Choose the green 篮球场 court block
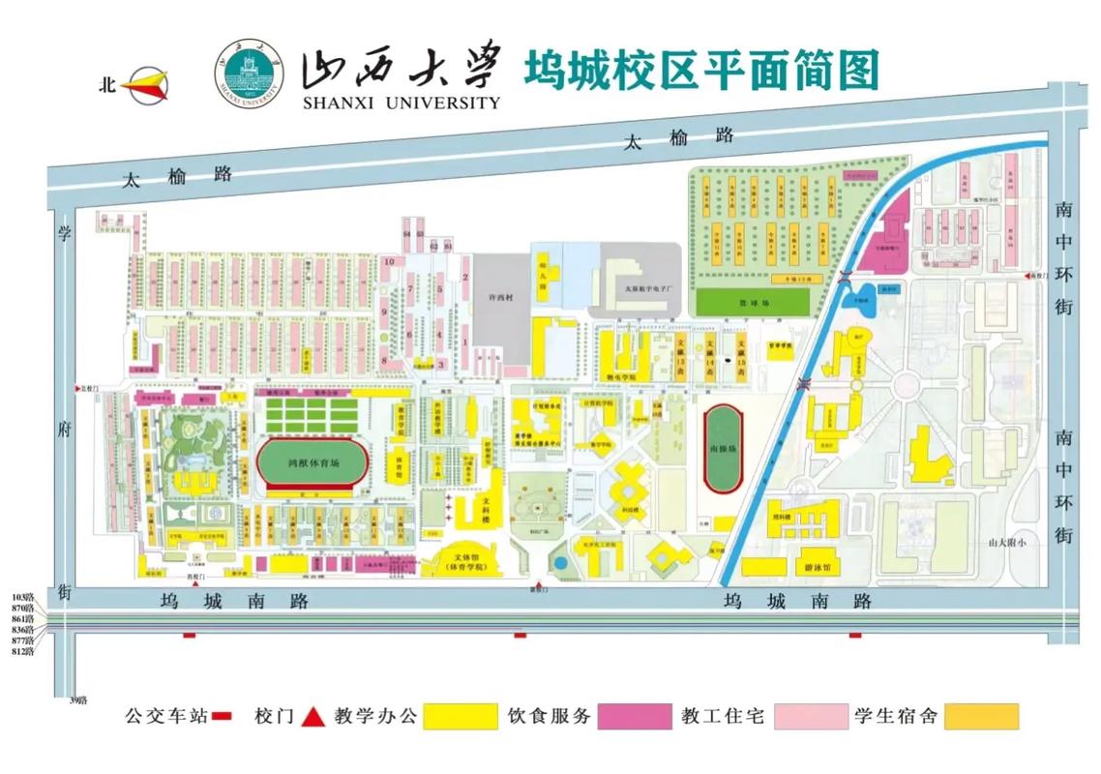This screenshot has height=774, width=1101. click(x=752, y=302)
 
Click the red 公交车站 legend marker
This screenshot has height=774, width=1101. click(x=223, y=717)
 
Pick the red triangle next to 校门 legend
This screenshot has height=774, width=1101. click(x=312, y=717)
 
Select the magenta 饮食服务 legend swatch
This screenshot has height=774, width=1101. click(x=635, y=717)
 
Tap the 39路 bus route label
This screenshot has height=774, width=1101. click(x=78, y=700)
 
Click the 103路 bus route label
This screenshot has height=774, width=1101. click(x=23, y=596)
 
